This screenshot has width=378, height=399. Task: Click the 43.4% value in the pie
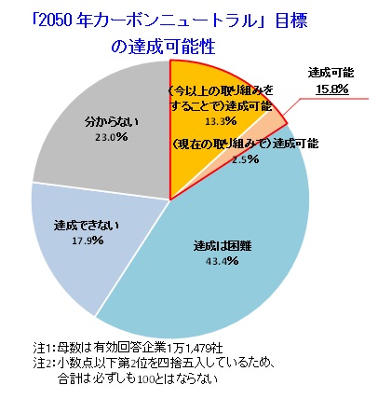(x=222, y=261)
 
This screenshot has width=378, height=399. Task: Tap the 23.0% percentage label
(x=112, y=137)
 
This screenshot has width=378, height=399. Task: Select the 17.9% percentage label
(x=88, y=241)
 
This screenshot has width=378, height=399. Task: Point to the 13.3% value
(x=221, y=121)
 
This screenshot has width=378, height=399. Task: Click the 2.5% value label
(x=245, y=159)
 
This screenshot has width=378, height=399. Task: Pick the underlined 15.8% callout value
(x=332, y=89)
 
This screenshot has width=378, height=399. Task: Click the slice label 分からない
(x=112, y=122)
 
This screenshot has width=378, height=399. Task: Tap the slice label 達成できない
(x=87, y=226)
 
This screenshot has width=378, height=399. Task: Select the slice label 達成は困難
(x=223, y=246)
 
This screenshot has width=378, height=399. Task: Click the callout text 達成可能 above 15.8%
(x=331, y=74)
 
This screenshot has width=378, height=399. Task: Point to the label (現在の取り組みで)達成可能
(x=245, y=144)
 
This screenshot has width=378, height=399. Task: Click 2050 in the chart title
(x=57, y=22)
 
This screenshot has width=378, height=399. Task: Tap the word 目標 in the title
(x=290, y=21)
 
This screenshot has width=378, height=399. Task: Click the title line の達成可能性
(x=163, y=48)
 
